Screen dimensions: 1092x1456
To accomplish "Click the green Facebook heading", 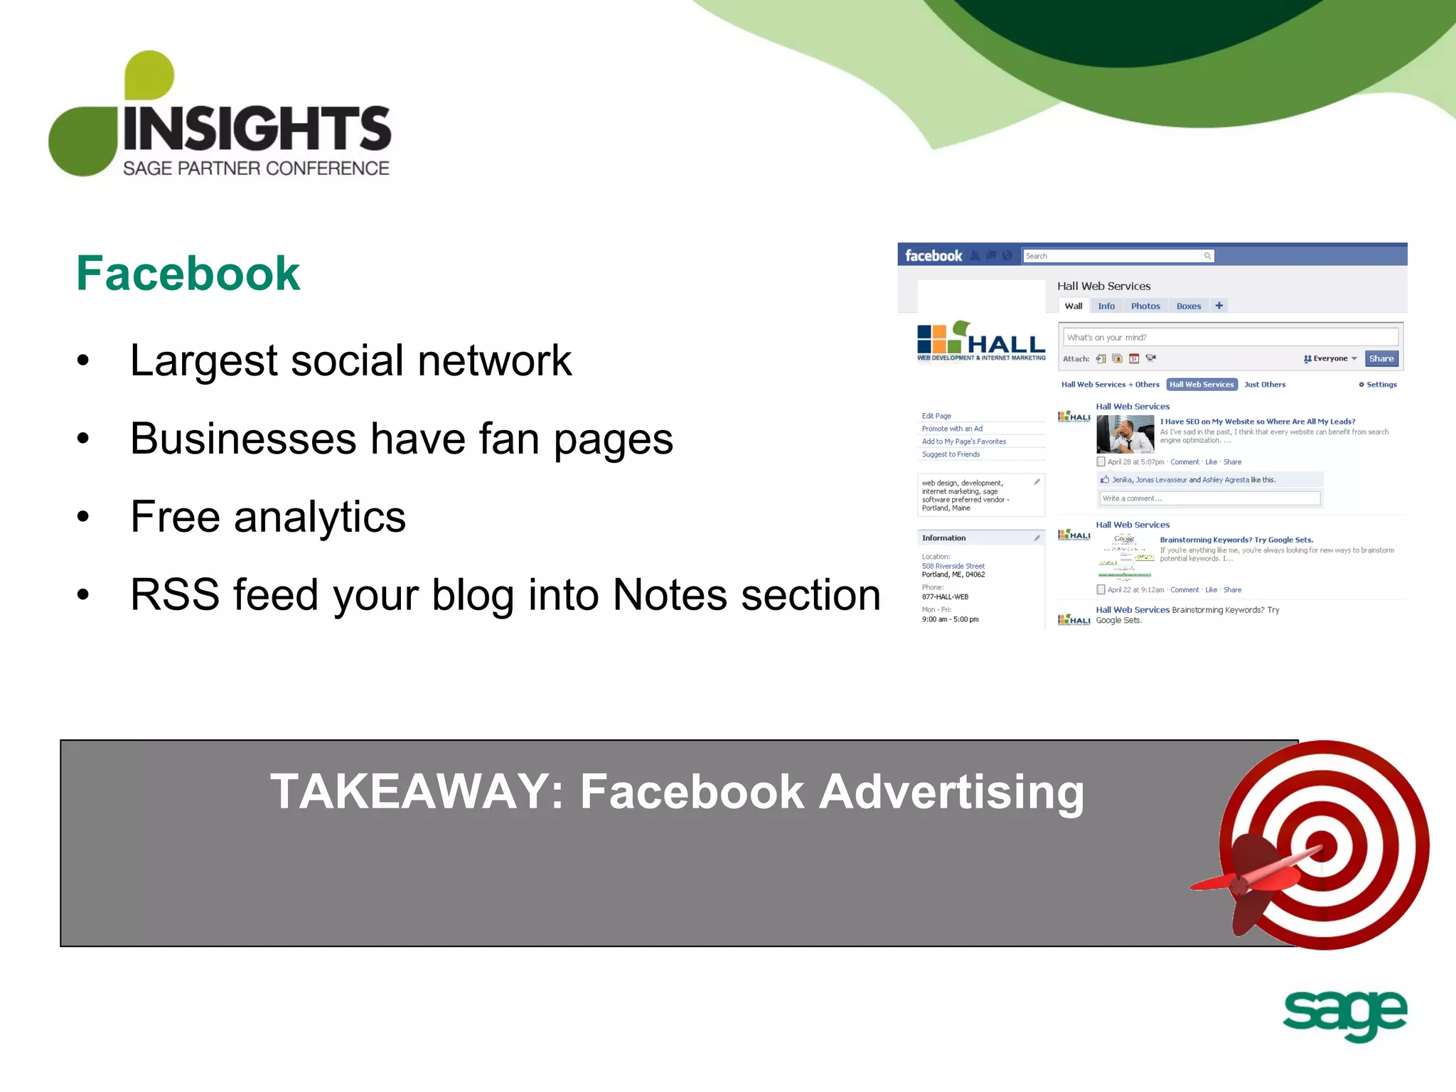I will pyautogui.click(x=188, y=274).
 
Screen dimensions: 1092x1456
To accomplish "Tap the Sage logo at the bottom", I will pyautogui.click(x=1344, y=1015).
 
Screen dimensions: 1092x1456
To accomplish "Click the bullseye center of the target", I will pyautogui.click(x=1322, y=846).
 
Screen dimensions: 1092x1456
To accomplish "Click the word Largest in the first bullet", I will pyautogui.click(x=203, y=360).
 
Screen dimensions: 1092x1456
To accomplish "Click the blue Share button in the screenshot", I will pyautogui.click(x=1381, y=358).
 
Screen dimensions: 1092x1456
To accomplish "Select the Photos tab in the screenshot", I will pyautogui.click(x=1145, y=306).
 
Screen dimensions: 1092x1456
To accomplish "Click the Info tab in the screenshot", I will pyautogui.click(x=1106, y=306).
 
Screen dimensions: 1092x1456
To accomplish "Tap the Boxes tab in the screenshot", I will pyautogui.click(x=1188, y=306).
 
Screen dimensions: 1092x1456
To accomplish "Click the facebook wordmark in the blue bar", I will pyautogui.click(x=933, y=256).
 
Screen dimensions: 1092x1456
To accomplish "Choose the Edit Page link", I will pyautogui.click(x=936, y=416).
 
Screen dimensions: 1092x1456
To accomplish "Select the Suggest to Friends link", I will pyautogui.click(x=951, y=454).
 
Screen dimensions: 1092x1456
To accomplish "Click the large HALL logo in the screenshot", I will pyautogui.click(x=981, y=341).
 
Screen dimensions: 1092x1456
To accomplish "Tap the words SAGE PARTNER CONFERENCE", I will pyautogui.click(x=256, y=168).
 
